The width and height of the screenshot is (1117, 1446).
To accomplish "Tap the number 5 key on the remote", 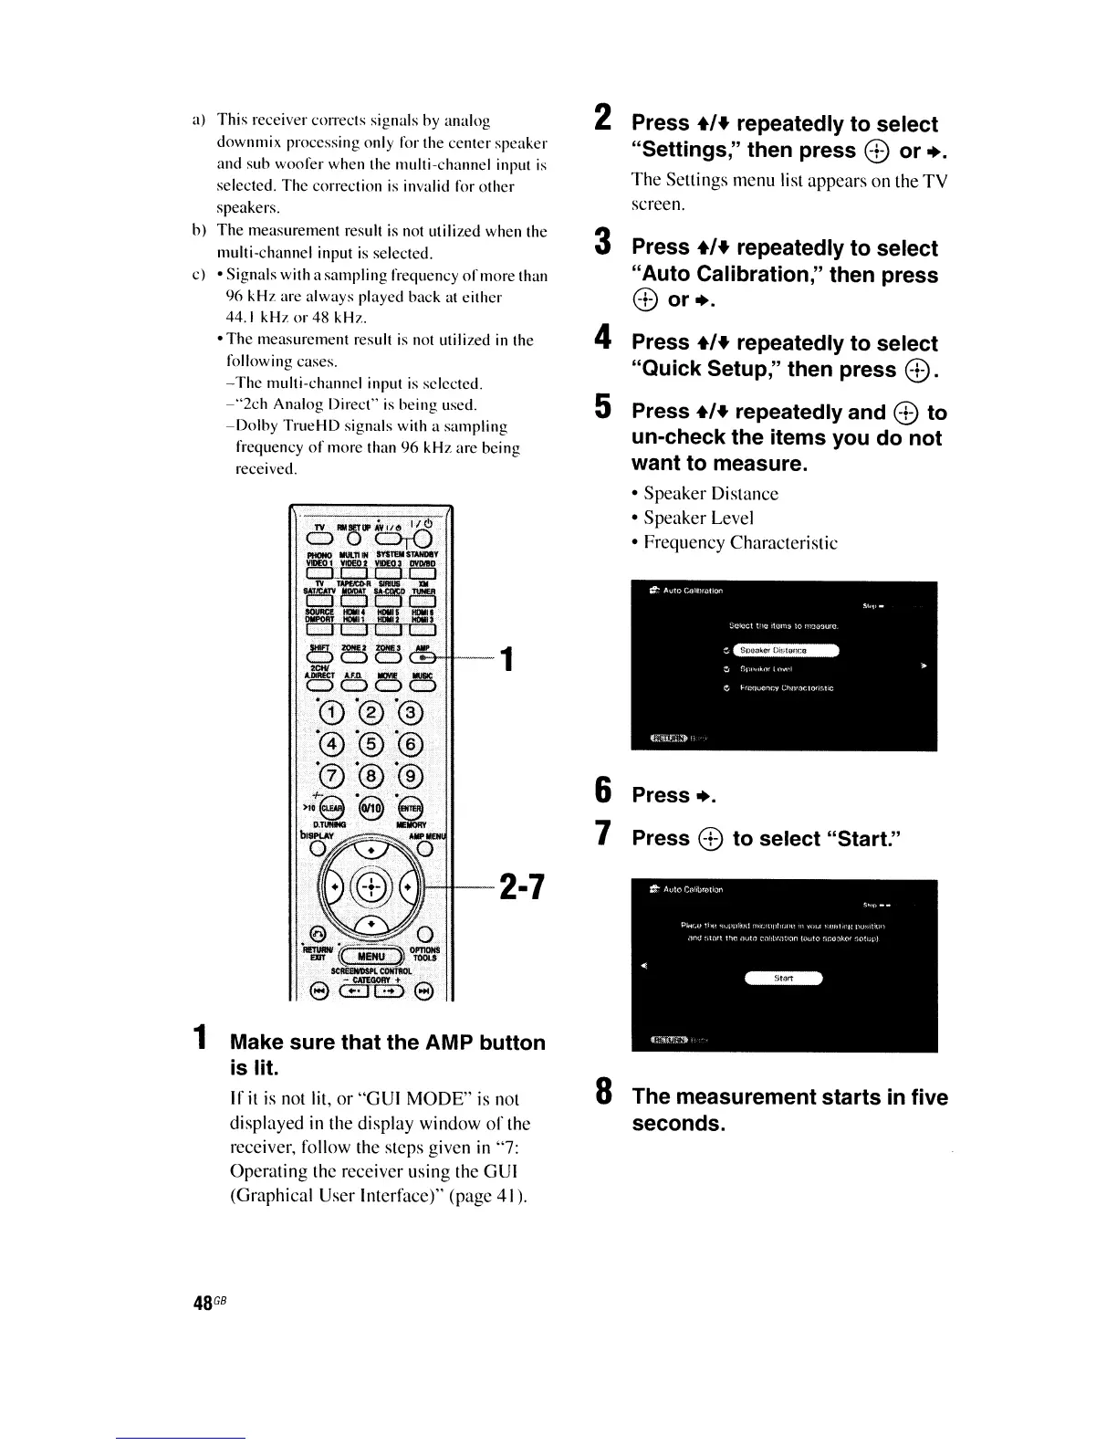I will (x=370, y=744).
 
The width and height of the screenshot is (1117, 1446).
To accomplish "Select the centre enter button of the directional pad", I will (x=370, y=886).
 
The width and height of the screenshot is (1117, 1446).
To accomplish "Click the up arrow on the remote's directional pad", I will (x=370, y=846).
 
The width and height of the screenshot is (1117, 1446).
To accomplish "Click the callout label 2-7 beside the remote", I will (x=520, y=885).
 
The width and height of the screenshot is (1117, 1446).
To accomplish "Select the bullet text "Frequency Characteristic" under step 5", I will (x=740, y=542).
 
